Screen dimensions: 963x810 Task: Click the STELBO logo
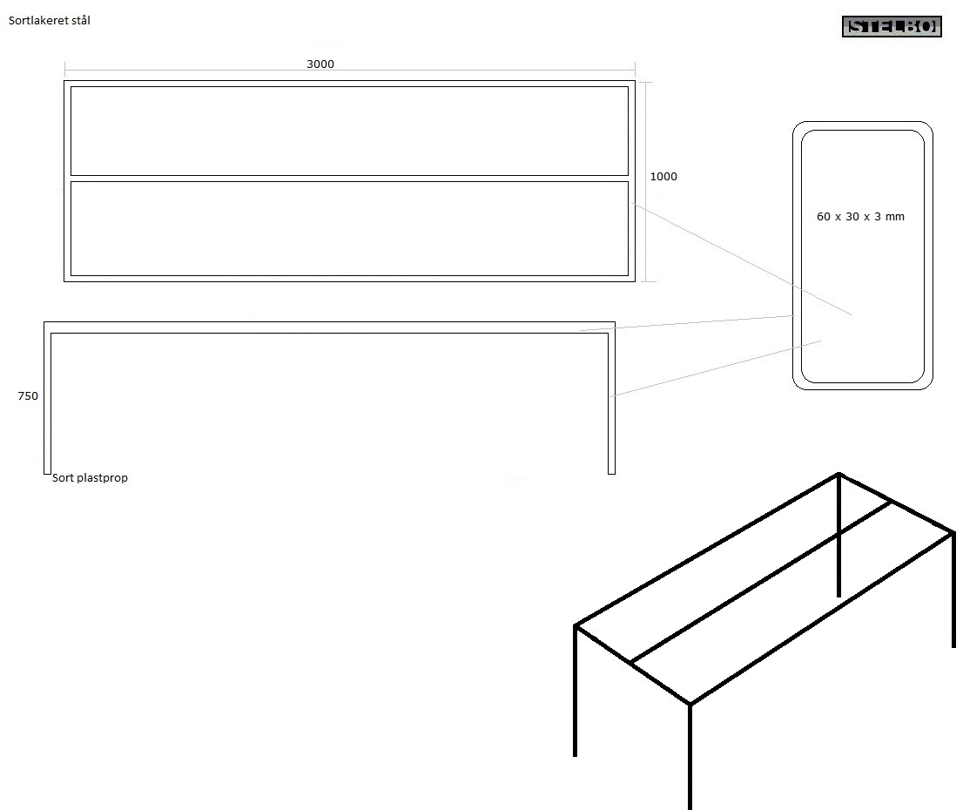pyautogui.click(x=892, y=26)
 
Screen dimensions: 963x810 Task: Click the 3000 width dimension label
pyautogui.click(x=320, y=64)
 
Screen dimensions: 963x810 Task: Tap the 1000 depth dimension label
pyautogui.click(x=663, y=177)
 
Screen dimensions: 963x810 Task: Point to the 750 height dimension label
pyautogui.click(x=28, y=395)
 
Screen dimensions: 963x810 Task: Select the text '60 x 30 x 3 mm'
pyautogui.click(x=860, y=216)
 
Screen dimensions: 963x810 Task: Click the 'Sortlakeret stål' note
pyautogui.click(x=49, y=20)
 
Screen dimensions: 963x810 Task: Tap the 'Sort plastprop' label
pyautogui.click(x=90, y=477)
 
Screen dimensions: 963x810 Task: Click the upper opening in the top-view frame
pyautogui.click(x=349, y=131)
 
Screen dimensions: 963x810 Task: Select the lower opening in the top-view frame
pyautogui.click(x=349, y=228)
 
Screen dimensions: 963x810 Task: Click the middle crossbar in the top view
pyautogui.click(x=349, y=179)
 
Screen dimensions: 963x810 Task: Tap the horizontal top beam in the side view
pyautogui.click(x=329, y=327)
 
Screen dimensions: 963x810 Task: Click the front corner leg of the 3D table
pyautogui.click(x=690, y=757)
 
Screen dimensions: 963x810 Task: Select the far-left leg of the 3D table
pyautogui.click(x=576, y=691)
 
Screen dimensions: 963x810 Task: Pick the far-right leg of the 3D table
pyautogui.click(x=953, y=590)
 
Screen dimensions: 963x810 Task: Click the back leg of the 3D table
pyautogui.click(x=839, y=536)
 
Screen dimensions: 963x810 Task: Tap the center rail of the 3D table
pyautogui.click(x=762, y=582)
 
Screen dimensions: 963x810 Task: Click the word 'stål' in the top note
pyautogui.click(x=81, y=20)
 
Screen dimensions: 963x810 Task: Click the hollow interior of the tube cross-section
pyautogui.click(x=863, y=256)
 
